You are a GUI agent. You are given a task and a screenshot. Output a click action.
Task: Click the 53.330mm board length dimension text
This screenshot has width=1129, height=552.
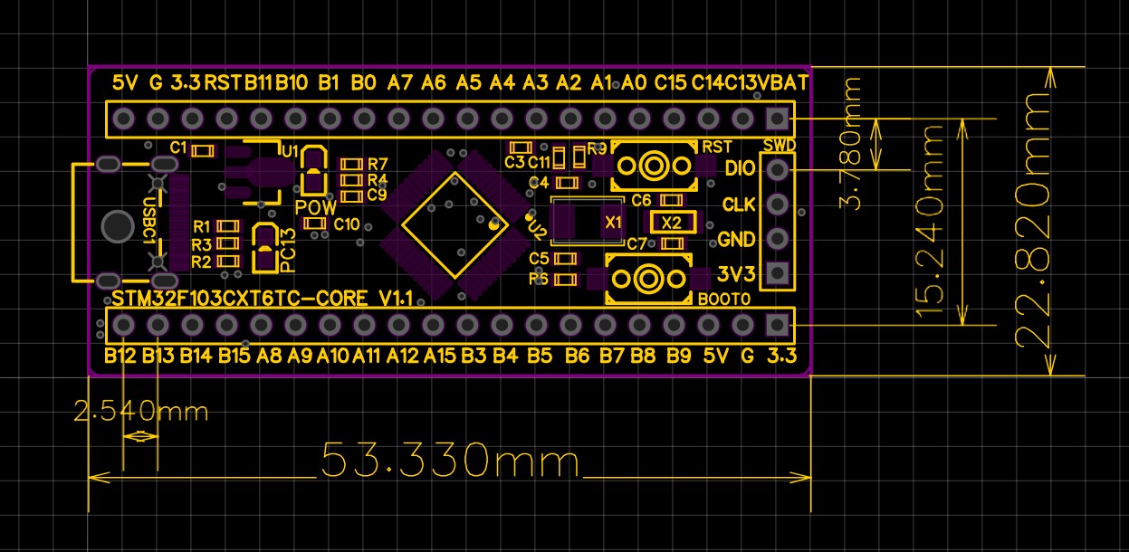[450, 460]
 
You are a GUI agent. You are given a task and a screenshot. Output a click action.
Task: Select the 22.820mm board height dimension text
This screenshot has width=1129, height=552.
[1032, 220]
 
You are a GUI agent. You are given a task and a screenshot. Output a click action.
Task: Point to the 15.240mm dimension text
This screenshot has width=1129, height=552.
[929, 222]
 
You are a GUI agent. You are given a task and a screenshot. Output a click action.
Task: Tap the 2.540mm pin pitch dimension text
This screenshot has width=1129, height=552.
[140, 411]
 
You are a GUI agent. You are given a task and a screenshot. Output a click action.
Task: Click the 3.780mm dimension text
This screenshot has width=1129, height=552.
[850, 143]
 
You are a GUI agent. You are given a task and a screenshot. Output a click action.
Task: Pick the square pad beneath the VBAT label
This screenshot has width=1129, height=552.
[777, 119]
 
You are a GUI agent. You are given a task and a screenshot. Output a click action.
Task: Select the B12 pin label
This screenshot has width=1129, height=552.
[120, 356]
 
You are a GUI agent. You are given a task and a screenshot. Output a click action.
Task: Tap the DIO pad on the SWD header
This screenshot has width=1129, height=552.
[777, 170]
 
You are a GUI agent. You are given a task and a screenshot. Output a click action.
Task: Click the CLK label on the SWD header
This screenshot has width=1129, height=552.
[739, 205]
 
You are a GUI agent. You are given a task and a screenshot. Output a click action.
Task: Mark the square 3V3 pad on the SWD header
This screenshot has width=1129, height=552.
[777, 273]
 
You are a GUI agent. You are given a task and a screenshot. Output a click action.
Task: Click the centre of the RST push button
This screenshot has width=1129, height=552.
[654, 166]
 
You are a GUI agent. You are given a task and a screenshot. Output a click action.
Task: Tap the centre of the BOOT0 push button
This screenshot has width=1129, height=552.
[648, 279]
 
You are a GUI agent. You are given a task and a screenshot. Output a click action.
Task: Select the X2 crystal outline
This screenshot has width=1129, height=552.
[673, 223]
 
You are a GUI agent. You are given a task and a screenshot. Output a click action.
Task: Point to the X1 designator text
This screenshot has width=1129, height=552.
[613, 222]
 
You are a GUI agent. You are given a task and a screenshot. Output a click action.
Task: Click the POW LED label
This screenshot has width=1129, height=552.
[315, 207]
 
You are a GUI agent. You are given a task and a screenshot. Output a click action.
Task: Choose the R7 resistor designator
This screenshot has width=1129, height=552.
[378, 164]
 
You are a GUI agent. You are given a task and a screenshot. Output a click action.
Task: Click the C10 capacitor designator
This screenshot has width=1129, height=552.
[347, 224]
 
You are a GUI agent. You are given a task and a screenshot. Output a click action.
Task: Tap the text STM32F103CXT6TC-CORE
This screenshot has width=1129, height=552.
[239, 299]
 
